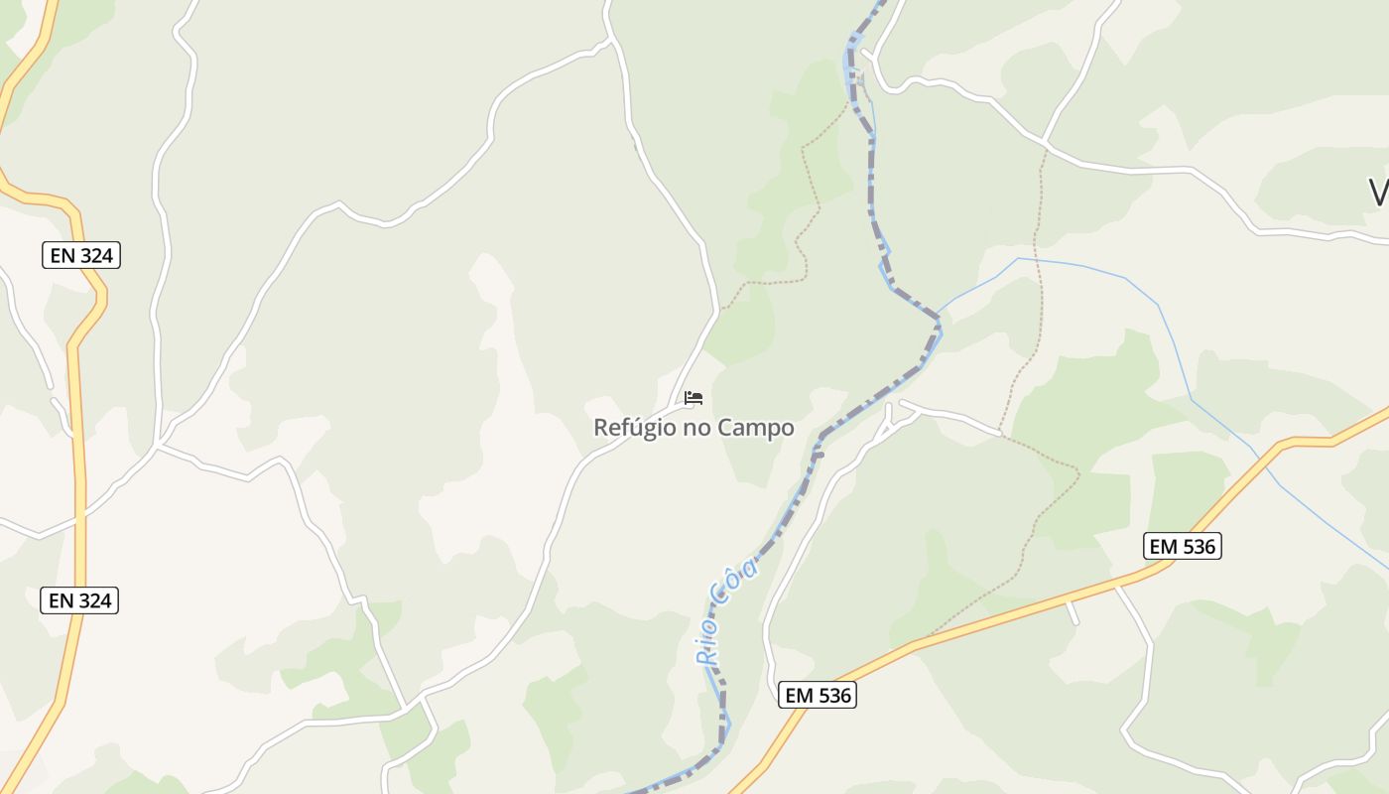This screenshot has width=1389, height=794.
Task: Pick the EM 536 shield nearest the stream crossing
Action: [x=1182, y=546]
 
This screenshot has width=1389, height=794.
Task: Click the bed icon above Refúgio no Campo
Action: [x=694, y=399]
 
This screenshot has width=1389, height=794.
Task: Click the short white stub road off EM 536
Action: [x=1072, y=611]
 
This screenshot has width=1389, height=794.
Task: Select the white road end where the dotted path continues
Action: [x=1000, y=434]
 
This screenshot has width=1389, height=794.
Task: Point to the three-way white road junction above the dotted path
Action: [x=1047, y=146]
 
